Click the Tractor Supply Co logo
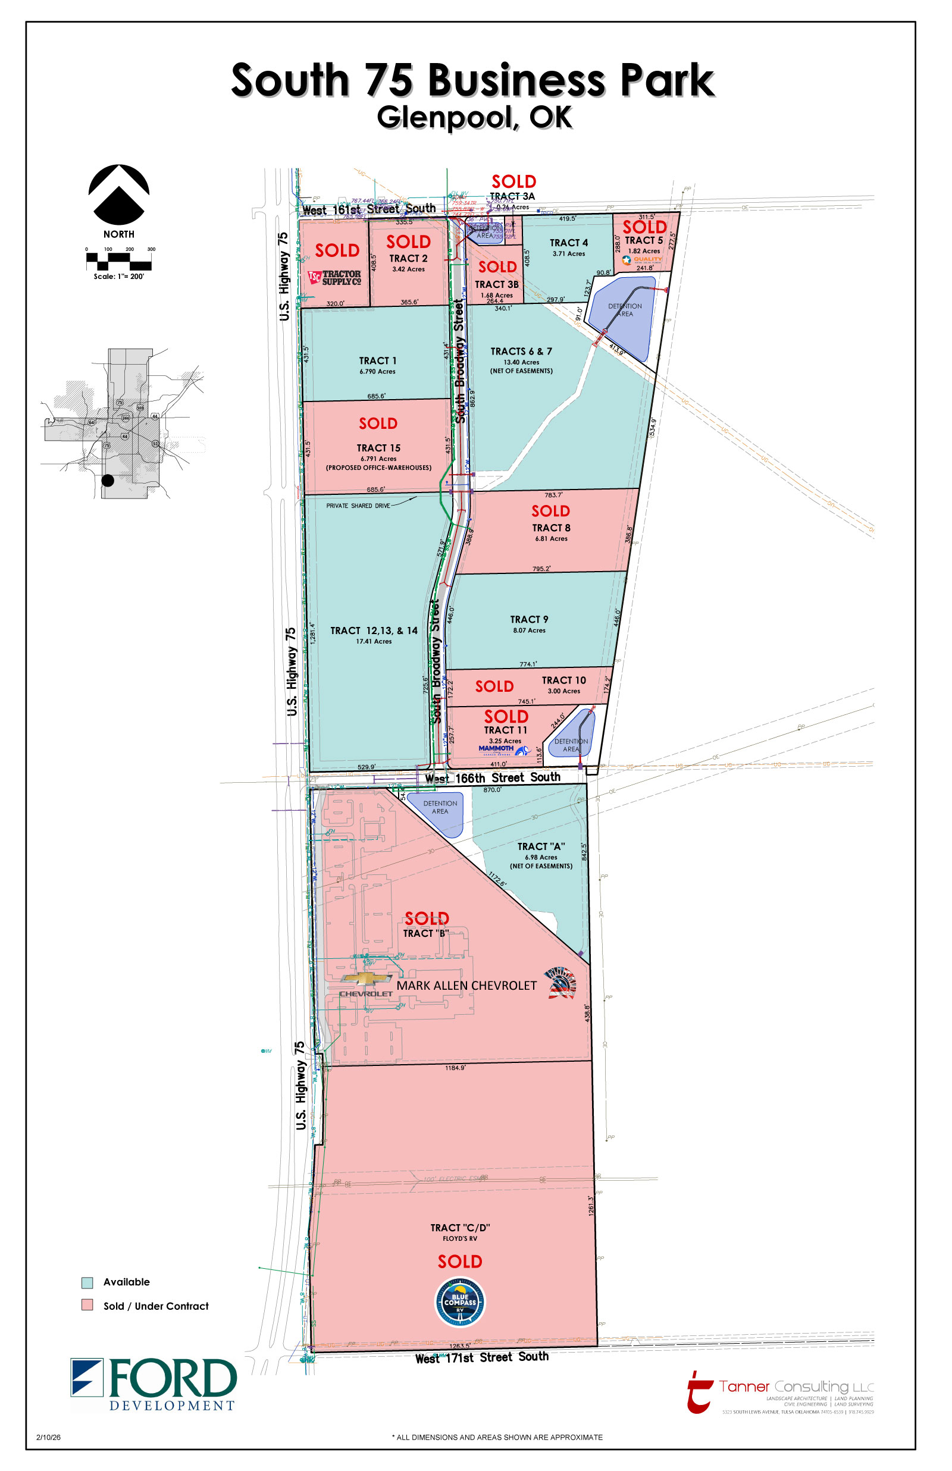pyautogui.click(x=334, y=278)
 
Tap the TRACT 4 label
pyautogui.click(x=569, y=243)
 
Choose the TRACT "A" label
pyautogui.click(x=541, y=846)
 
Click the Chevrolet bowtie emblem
pyautogui.click(x=366, y=978)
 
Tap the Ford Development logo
pyautogui.click(x=154, y=1384)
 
